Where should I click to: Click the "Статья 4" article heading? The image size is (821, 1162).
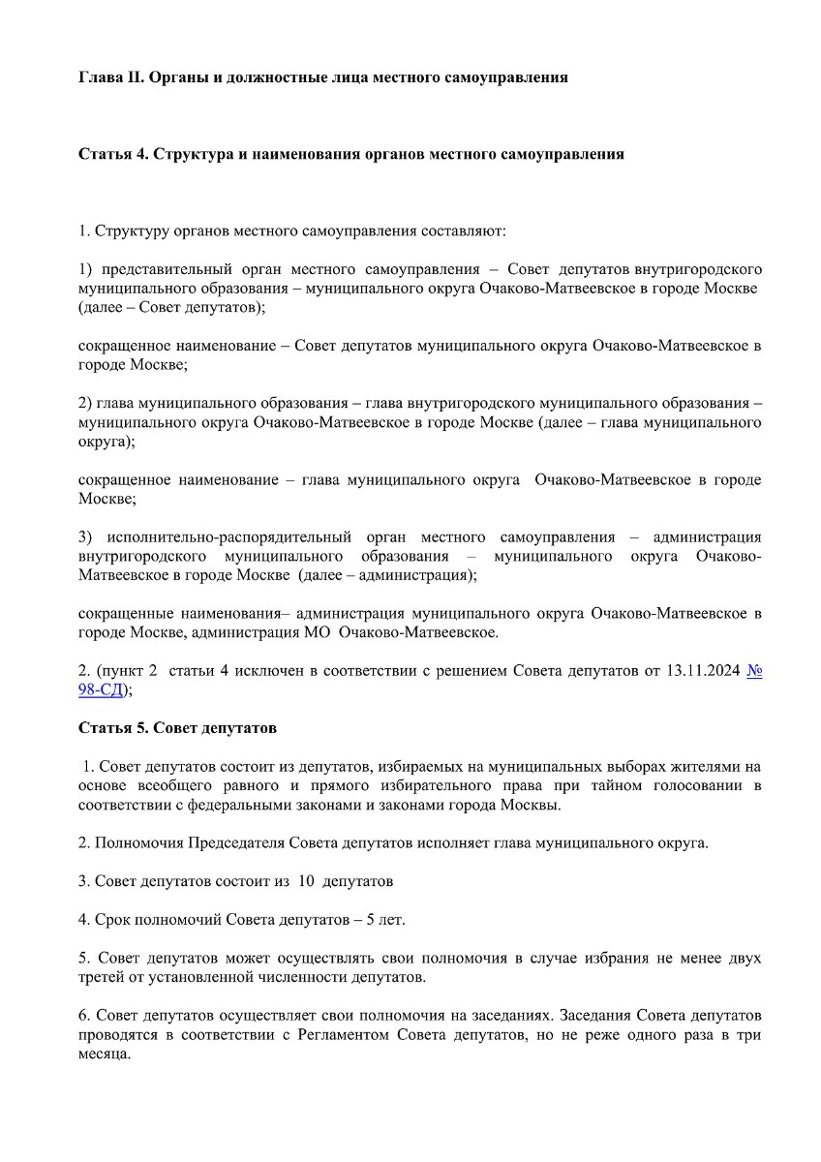click(110, 154)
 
